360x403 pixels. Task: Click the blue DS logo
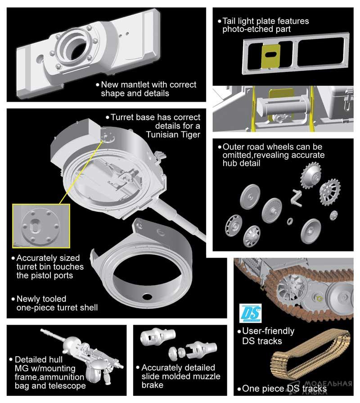tap(251, 313)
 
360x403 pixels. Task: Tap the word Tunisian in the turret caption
tap(163, 134)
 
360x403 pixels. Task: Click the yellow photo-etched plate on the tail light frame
tap(270, 56)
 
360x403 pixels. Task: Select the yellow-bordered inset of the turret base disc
tap(41, 226)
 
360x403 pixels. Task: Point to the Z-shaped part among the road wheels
tap(296, 198)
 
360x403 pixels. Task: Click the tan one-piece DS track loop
tap(310, 354)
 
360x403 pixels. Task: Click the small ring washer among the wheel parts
tap(290, 221)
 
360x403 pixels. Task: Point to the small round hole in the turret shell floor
tap(147, 296)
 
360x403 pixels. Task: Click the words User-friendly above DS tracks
tap(268, 331)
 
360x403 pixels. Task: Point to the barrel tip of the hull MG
tap(42, 330)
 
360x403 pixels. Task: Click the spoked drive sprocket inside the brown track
tap(292, 287)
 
